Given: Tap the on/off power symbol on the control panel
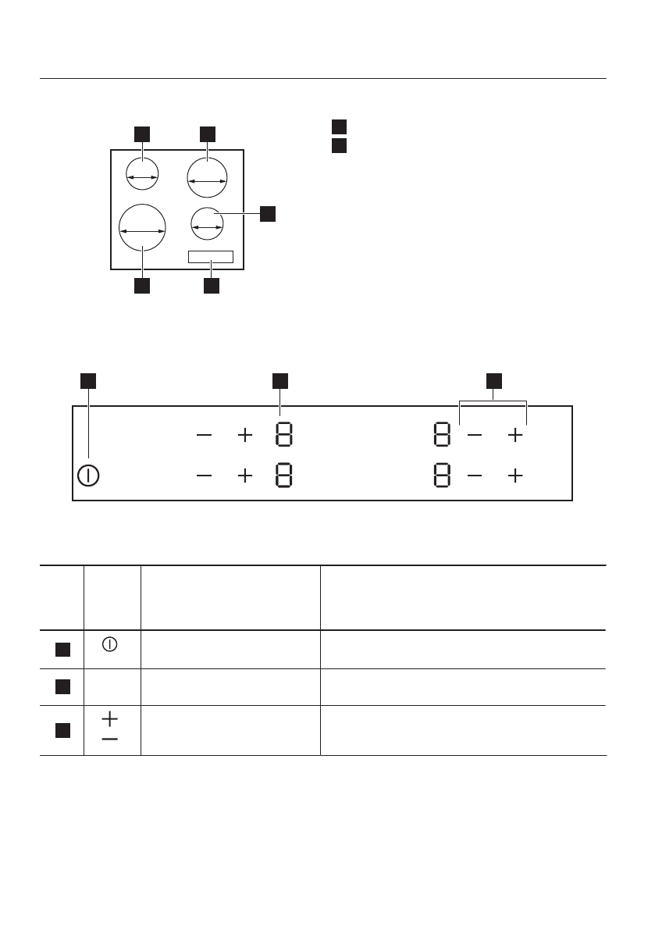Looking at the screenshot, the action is (x=89, y=475).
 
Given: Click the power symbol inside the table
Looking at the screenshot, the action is (x=110, y=644).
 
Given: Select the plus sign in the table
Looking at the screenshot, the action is (x=110, y=716).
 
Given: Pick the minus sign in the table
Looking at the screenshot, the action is (x=110, y=738).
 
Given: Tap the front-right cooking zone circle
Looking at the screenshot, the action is (x=207, y=224).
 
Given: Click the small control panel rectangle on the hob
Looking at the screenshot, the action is (x=211, y=257).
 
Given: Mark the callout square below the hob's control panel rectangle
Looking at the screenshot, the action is (x=211, y=286).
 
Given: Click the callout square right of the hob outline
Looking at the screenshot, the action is (x=268, y=213).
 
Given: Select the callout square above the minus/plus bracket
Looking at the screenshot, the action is (x=493, y=380).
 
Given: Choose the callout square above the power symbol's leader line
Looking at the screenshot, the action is (x=89, y=380).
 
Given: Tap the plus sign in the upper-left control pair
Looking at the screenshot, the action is (x=245, y=436).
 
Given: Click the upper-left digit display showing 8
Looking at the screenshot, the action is (x=283, y=436).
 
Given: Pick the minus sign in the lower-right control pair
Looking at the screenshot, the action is (x=475, y=475).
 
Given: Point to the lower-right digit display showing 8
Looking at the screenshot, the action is (x=441, y=475).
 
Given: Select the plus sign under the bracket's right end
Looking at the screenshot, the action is (x=515, y=436).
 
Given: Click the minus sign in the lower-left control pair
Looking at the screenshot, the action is (x=204, y=475).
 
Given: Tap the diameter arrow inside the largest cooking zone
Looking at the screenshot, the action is (x=143, y=231).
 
